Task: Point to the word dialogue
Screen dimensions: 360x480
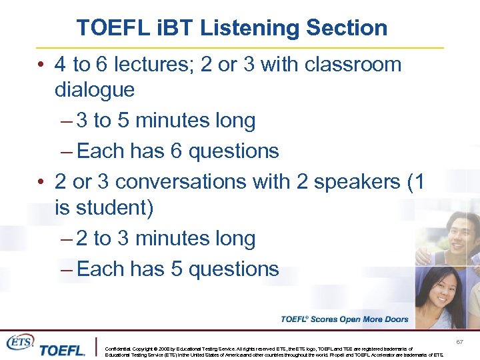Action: (94, 89)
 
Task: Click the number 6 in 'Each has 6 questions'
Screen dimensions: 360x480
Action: (176, 151)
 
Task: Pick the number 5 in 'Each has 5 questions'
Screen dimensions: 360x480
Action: (176, 269)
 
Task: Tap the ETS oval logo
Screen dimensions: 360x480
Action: (20, 341)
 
